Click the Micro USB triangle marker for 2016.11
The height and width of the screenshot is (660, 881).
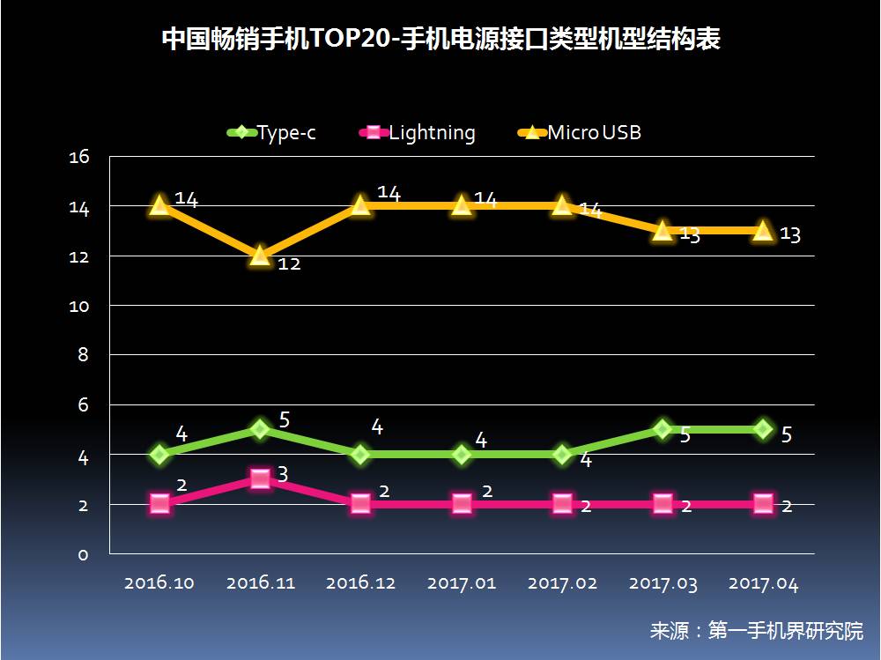pos(260,256)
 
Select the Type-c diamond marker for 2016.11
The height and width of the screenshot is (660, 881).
pos(260,429)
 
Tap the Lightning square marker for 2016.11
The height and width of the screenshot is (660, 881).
pos(260,479)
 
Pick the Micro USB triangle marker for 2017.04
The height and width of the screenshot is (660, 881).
pos(764,231)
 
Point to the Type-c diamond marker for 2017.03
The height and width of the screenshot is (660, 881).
pos(663,429)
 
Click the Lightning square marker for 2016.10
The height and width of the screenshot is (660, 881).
pos(159,504)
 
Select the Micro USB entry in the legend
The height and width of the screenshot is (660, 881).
pos(581,133)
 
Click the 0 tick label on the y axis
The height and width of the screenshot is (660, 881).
pos(83,554)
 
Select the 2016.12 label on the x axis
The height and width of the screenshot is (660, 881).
pos(361,583)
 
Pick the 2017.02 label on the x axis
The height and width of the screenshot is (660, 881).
pos(562,583)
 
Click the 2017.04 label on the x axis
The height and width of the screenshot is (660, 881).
pos(763,583)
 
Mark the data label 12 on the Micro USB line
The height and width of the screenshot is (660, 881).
pos(289,263)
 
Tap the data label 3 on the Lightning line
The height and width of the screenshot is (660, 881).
pos(283,474)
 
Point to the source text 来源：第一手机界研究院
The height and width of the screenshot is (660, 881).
pos(756,631)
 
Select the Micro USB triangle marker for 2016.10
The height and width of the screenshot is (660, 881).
pos(159,205)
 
